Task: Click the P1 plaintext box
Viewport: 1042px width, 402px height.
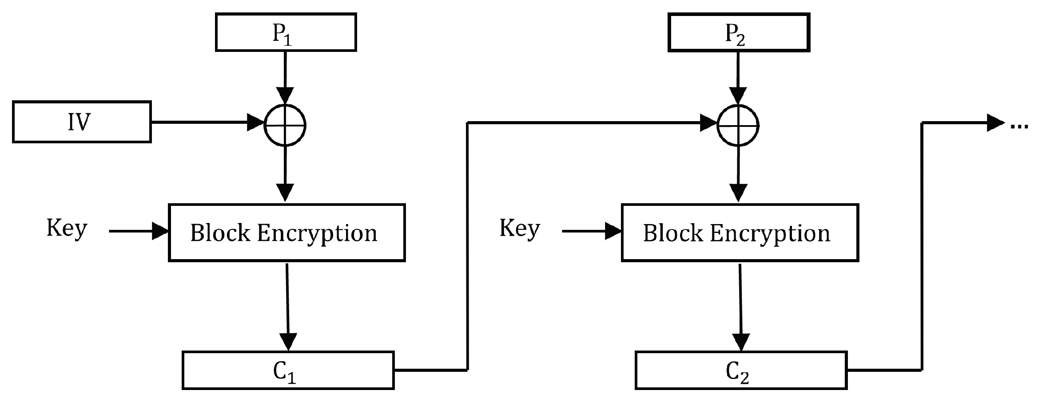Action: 286,32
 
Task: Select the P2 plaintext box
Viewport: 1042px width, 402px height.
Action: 739,32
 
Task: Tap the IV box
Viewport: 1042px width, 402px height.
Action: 82,122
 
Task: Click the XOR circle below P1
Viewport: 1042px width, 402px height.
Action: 285,126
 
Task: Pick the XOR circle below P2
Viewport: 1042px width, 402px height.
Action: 738,126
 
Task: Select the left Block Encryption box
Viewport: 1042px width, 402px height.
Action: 286,233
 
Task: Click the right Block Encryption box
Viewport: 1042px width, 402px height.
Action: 740,233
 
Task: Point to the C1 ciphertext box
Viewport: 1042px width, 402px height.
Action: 288,370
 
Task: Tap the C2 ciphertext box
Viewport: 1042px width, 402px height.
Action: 741,370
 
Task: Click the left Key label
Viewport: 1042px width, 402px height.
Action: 67,229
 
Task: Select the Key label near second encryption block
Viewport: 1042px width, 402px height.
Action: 520,229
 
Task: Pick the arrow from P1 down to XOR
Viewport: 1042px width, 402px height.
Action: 285,75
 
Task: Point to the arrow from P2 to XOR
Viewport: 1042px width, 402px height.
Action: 738,75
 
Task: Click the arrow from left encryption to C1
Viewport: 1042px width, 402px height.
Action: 288,306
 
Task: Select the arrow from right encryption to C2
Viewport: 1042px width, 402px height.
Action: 740,306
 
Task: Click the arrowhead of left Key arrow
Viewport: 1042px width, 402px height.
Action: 160,231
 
